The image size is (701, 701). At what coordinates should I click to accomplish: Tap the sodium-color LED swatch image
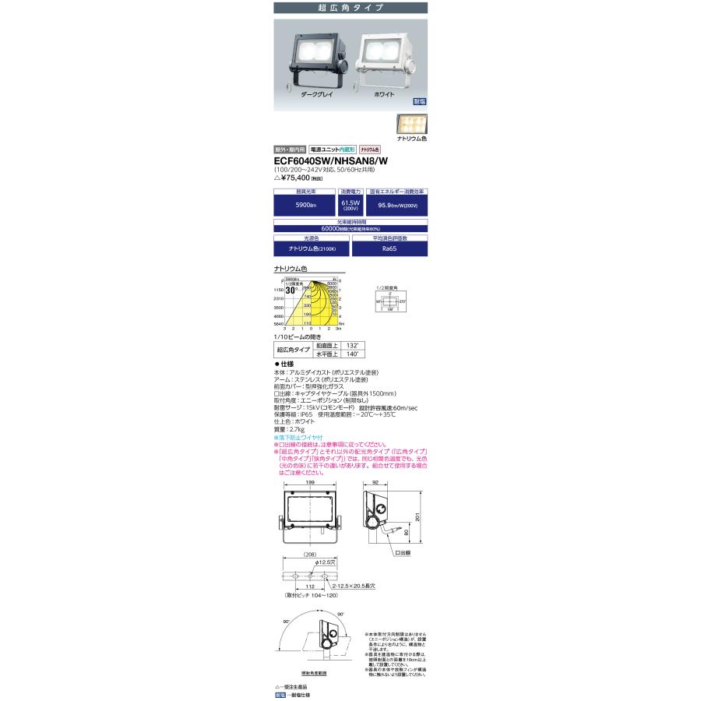(x=412, y=124)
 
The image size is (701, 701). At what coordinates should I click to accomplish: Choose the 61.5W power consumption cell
(x=350, y=204)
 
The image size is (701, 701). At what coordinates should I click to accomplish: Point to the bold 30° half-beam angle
(x=292, y=291)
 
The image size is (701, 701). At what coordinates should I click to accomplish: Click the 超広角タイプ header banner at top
(x=350, y=7)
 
